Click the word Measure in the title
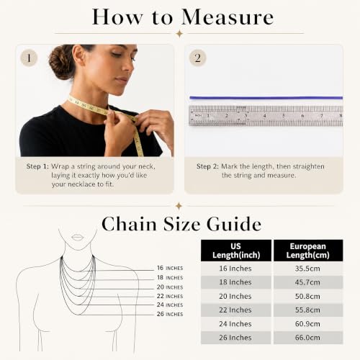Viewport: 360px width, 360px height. point(228,17)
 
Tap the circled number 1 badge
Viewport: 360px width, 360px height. point(29,58)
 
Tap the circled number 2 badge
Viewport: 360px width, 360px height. point(197,58)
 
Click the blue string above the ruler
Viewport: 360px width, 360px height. point(266,98)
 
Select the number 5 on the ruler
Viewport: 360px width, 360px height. point(284,116)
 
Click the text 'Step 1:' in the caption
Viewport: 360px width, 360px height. point(37,166)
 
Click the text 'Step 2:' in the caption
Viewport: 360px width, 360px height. point(207,166)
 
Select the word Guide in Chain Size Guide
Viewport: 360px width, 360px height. point(234,224)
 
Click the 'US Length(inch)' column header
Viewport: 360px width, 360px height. point(236,251)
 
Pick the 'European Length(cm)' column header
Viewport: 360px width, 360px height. point(308,251)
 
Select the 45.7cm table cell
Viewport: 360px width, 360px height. point(307,282)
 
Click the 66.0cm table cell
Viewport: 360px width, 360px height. point(307,338)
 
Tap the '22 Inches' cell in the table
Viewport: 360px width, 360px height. point(235,310)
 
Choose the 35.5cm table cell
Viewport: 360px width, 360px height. point(307,269)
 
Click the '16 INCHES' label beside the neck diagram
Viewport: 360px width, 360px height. point(170,268)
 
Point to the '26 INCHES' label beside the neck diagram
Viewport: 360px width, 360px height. point(170,314)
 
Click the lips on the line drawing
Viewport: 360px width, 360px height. point(78,237)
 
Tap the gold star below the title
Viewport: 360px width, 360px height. point(179,34)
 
